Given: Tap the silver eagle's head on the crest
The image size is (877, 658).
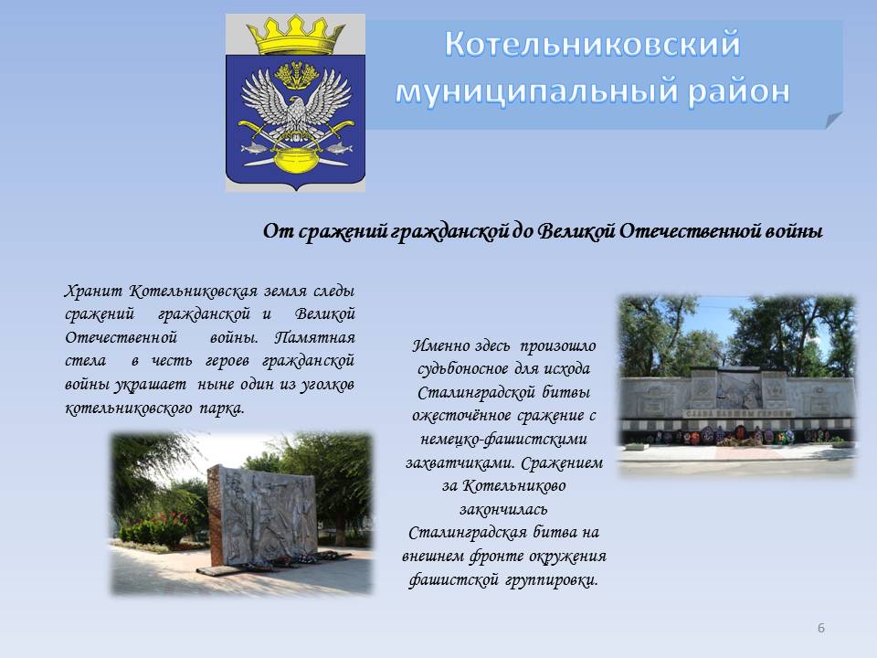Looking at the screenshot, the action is tap(296, 107).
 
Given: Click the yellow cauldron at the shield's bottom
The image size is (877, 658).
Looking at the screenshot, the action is tap(295, 160).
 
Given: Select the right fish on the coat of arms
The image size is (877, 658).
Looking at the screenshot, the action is tap(338, 148).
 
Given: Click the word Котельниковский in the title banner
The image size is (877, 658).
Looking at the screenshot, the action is tap(592, 44).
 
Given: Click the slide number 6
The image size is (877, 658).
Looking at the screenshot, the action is tap(821, 628).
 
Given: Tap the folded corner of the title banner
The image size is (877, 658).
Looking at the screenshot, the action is tap(833, 120).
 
